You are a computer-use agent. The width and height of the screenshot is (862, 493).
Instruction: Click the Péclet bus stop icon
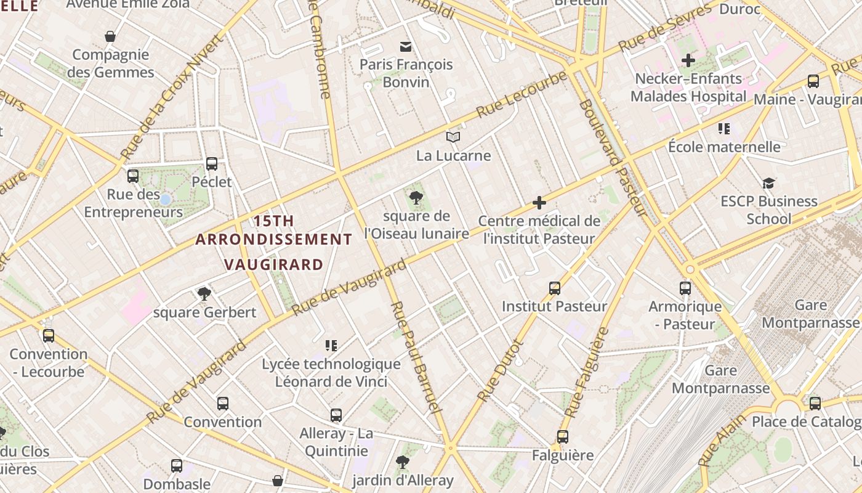click(x=212, y=164)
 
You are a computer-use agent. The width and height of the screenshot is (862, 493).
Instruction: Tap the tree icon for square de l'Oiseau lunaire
click(x=416, y=198)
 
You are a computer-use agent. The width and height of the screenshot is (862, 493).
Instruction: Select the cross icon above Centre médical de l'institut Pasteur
click(x=539, y=203)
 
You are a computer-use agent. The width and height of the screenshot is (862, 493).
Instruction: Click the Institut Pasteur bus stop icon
click(x=555, y=288)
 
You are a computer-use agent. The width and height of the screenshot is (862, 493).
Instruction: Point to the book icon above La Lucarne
click(x=453, y=137)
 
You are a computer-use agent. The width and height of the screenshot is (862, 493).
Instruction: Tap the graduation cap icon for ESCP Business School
click(x=768, y=183)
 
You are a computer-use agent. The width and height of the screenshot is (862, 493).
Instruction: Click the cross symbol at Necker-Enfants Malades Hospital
click(x=688, y=60)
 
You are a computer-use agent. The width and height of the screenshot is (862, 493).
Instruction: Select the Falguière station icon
click(x=563, y=437)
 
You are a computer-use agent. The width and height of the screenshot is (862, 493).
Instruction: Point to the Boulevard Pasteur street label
click(x=612, y=157)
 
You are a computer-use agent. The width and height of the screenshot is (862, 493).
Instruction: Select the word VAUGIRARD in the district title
click(x=273, y=265)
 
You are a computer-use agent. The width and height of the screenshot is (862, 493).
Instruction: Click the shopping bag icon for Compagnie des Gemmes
click(x=110, y=37)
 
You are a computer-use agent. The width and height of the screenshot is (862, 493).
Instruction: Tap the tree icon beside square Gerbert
click(x=204, y=294)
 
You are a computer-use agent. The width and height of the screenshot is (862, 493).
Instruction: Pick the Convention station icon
click(x=223, y=404)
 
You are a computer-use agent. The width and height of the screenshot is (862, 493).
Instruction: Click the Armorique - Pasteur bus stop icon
click(x=685, y=288)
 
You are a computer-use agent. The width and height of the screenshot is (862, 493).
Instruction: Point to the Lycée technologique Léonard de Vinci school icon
click(x=331, y=346)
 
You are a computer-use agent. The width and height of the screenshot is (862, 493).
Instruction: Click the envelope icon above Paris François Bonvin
click(x=406, y=46)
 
